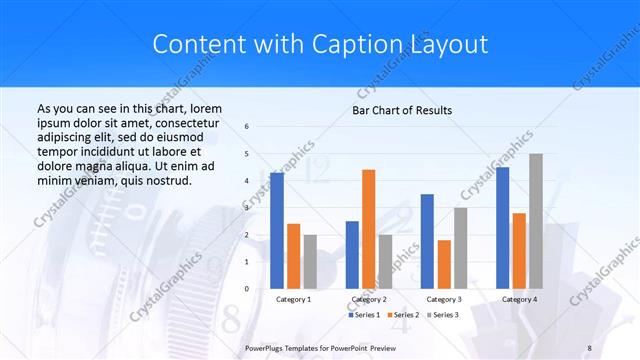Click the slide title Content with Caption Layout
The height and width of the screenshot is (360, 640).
[320, 45]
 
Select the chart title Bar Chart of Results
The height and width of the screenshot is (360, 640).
[402, 110]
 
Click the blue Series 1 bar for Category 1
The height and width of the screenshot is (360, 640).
[277, 230]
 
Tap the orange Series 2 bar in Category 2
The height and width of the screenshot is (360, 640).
[368, 229]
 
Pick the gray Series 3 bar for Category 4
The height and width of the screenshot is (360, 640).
[535, 221]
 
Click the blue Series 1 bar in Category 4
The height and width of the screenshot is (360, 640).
[503, 227]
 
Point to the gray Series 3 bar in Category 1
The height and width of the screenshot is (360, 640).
[309, 261]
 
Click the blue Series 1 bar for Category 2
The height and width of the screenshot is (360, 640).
[352, 254]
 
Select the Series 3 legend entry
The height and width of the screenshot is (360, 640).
[444, 314]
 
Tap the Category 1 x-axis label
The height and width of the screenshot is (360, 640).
[293, 299]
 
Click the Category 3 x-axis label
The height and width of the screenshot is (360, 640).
[444, 299]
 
